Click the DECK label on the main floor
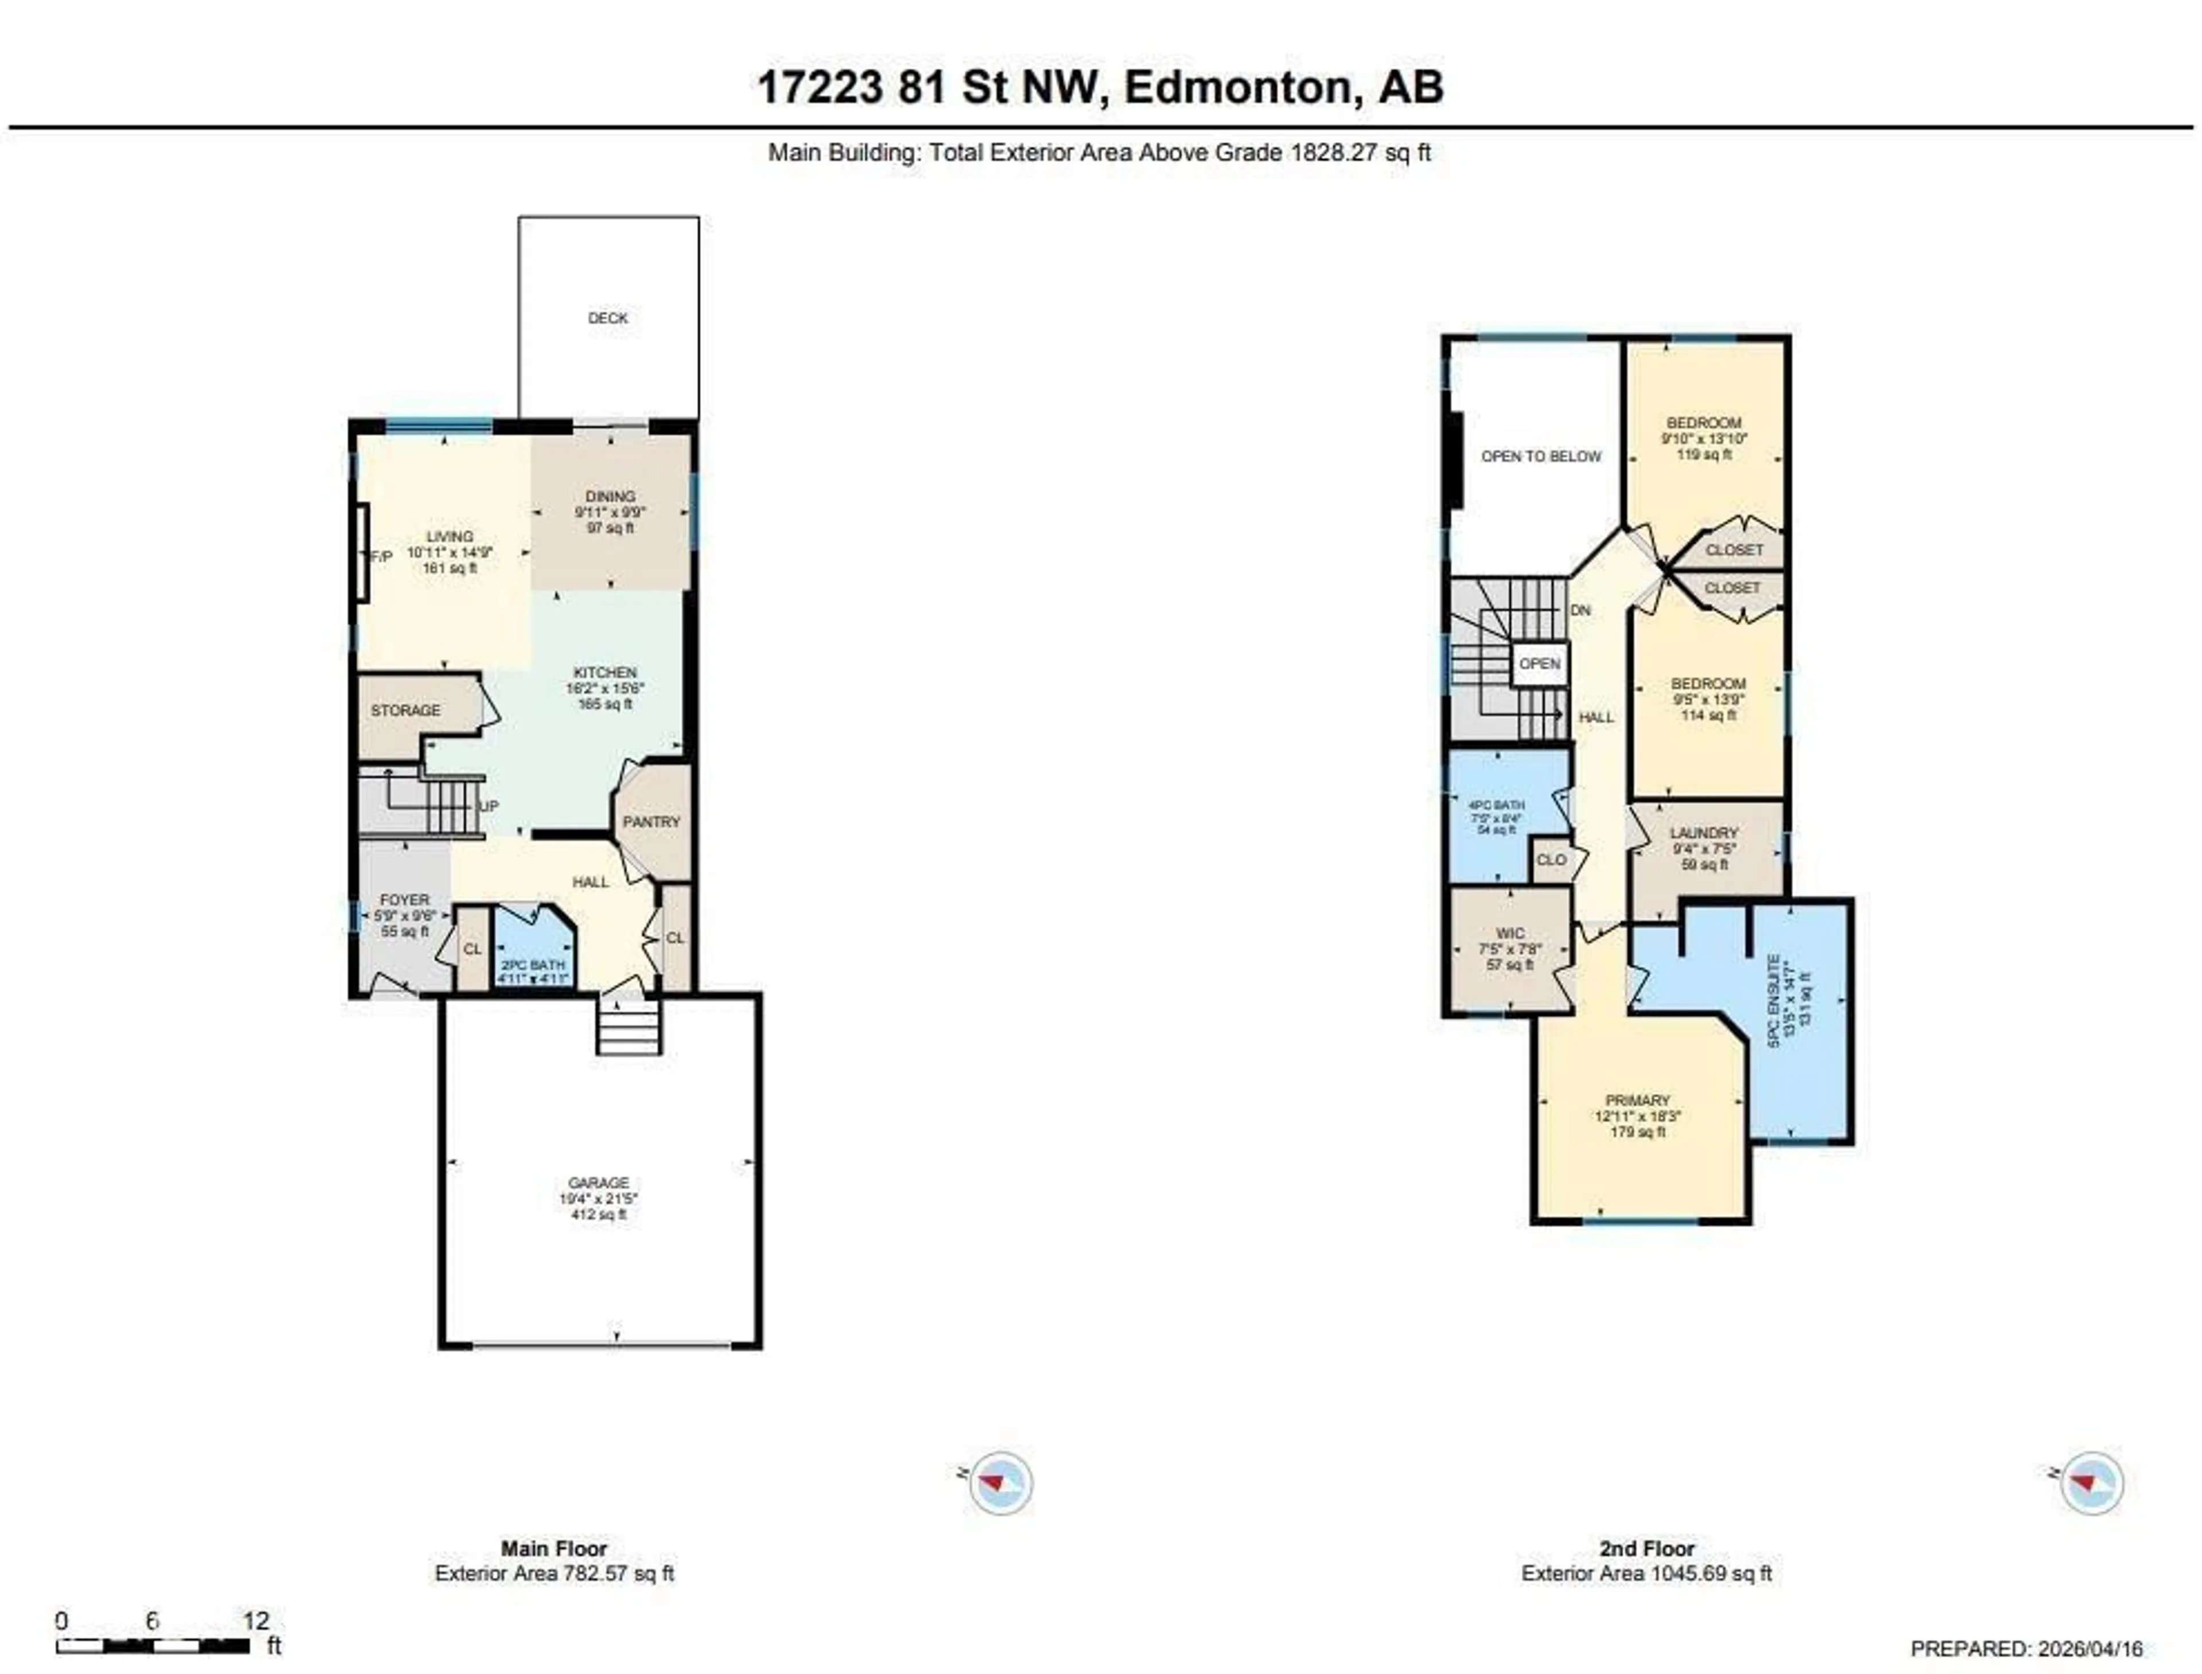(608, 318)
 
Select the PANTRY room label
(651, 822)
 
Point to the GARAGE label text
(598, 1183)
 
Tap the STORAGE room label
(405, 711)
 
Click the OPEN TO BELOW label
(1540, 456)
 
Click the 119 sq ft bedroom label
(1704, 438)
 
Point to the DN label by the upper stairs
(1580, 610)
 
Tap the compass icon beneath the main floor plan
(1001, 1484)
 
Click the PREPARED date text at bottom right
(2025, 1649)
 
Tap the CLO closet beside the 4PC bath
(1551, 860)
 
